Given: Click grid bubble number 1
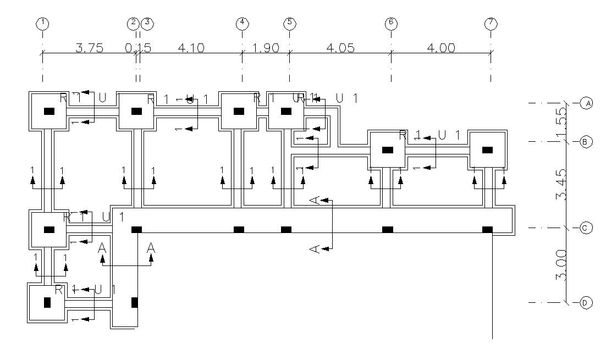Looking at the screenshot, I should click(x=42, y=23).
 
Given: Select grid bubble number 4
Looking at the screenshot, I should click(x=242, y=23).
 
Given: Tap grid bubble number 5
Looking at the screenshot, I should click(x=290, y=23).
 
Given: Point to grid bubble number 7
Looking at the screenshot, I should click(x=491, y=23).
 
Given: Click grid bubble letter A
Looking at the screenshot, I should click(x=587, y=103).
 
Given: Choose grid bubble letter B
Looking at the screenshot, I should click(x=587, y=142).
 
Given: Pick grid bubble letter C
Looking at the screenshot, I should click(x=587, y=228).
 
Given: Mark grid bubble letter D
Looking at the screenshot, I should click(x=587, y=302).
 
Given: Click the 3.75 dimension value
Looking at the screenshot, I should click(x=89, y=48).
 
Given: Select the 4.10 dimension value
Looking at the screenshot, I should click(x=191, y=48).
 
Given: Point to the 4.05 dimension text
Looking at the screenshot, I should click(x=340, y=48).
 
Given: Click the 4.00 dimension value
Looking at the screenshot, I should click(x=441, y=48).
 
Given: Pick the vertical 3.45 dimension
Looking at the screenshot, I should click(x=561, y=185).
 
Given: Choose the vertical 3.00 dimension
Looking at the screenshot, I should click(x=561, y=265).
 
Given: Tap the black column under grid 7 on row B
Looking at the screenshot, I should click(x=487, y=150).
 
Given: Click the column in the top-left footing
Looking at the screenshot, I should click(x=49, y=111).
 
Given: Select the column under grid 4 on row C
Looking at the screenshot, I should click(x=239, y=229).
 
